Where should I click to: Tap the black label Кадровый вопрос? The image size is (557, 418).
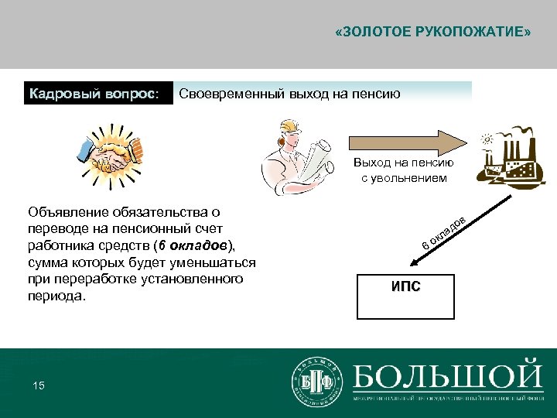coord(94,94)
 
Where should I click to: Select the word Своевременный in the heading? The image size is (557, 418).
coord(225,94)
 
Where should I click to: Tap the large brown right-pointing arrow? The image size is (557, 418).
coord(407,145)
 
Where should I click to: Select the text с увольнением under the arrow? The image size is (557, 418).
coord(404,178)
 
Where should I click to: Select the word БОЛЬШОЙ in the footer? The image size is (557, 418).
coord(447,375)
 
